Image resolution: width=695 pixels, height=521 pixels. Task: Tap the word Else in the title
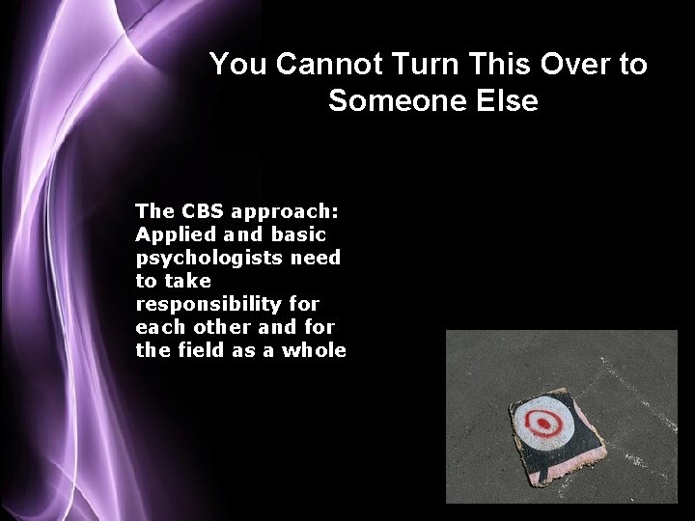(505, 99)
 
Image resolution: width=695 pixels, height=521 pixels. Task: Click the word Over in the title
(565, 65)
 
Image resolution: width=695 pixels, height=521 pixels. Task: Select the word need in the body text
(320, 258)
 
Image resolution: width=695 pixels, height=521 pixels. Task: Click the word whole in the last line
(314, 350)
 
